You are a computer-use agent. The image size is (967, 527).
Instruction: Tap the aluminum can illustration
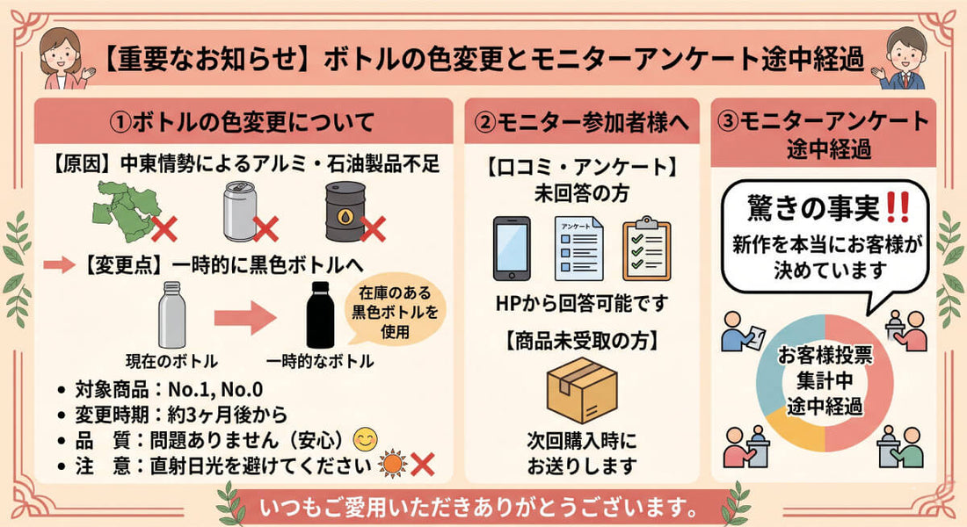tap(239, 211)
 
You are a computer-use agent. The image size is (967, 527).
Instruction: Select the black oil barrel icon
tap(345, 211)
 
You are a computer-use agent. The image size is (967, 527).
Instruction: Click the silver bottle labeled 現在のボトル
tap(171, 314)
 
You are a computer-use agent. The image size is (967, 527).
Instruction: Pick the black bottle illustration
tap(320, 314)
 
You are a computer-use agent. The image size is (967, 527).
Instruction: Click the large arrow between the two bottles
tap(245, 318)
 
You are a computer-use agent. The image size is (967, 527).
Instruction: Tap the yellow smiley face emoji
tap(365, 439)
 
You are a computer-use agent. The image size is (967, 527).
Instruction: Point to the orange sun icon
tap(393, 464)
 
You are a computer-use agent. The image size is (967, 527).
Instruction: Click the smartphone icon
tap(512, 249)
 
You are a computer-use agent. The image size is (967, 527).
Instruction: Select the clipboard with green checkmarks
tap(646, 249)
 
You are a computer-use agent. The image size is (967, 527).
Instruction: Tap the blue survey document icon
tap(578, 249)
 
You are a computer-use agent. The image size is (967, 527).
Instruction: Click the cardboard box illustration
tap(582, 391)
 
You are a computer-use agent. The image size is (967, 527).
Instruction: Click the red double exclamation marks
tap(897, 207)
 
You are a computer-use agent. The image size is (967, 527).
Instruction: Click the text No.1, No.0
tap(215, 390)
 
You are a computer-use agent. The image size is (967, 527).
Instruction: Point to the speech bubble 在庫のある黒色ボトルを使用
tap(396, 311)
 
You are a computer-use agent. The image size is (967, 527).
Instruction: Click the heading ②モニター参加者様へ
tap(582, 122)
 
